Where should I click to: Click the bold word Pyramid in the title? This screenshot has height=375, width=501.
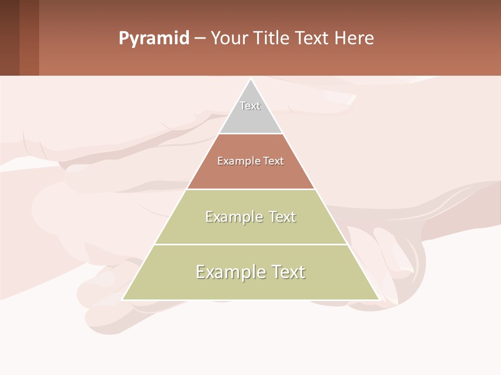[x=154, y=39]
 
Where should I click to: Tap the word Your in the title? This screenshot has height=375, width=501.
[x=230, y=39]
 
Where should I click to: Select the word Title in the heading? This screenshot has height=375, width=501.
[x=272, y=39]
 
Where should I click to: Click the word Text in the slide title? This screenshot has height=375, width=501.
[x=313, y=39]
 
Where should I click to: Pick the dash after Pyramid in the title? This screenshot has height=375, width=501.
[x=200, y=39]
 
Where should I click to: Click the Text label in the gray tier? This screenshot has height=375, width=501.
[x=250, y=106]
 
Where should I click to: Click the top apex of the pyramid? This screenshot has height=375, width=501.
[x=251, y=79]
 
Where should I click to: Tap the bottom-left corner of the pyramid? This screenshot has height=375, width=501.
[x=123, y=299]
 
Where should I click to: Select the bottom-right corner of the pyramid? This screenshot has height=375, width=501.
[x=378, y=299]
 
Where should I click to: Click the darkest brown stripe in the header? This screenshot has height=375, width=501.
[x=9, y=37]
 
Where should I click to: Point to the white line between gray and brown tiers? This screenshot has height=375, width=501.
[x=251, y=134]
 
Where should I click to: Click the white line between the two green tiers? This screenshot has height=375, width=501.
[x=251, y=244]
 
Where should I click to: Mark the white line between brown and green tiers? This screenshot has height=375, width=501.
[x=251, y=189]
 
